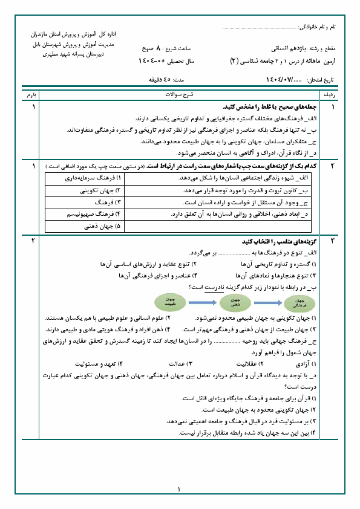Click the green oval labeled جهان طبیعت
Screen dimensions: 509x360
(168, 302)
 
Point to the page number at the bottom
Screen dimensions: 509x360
(180, 490)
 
